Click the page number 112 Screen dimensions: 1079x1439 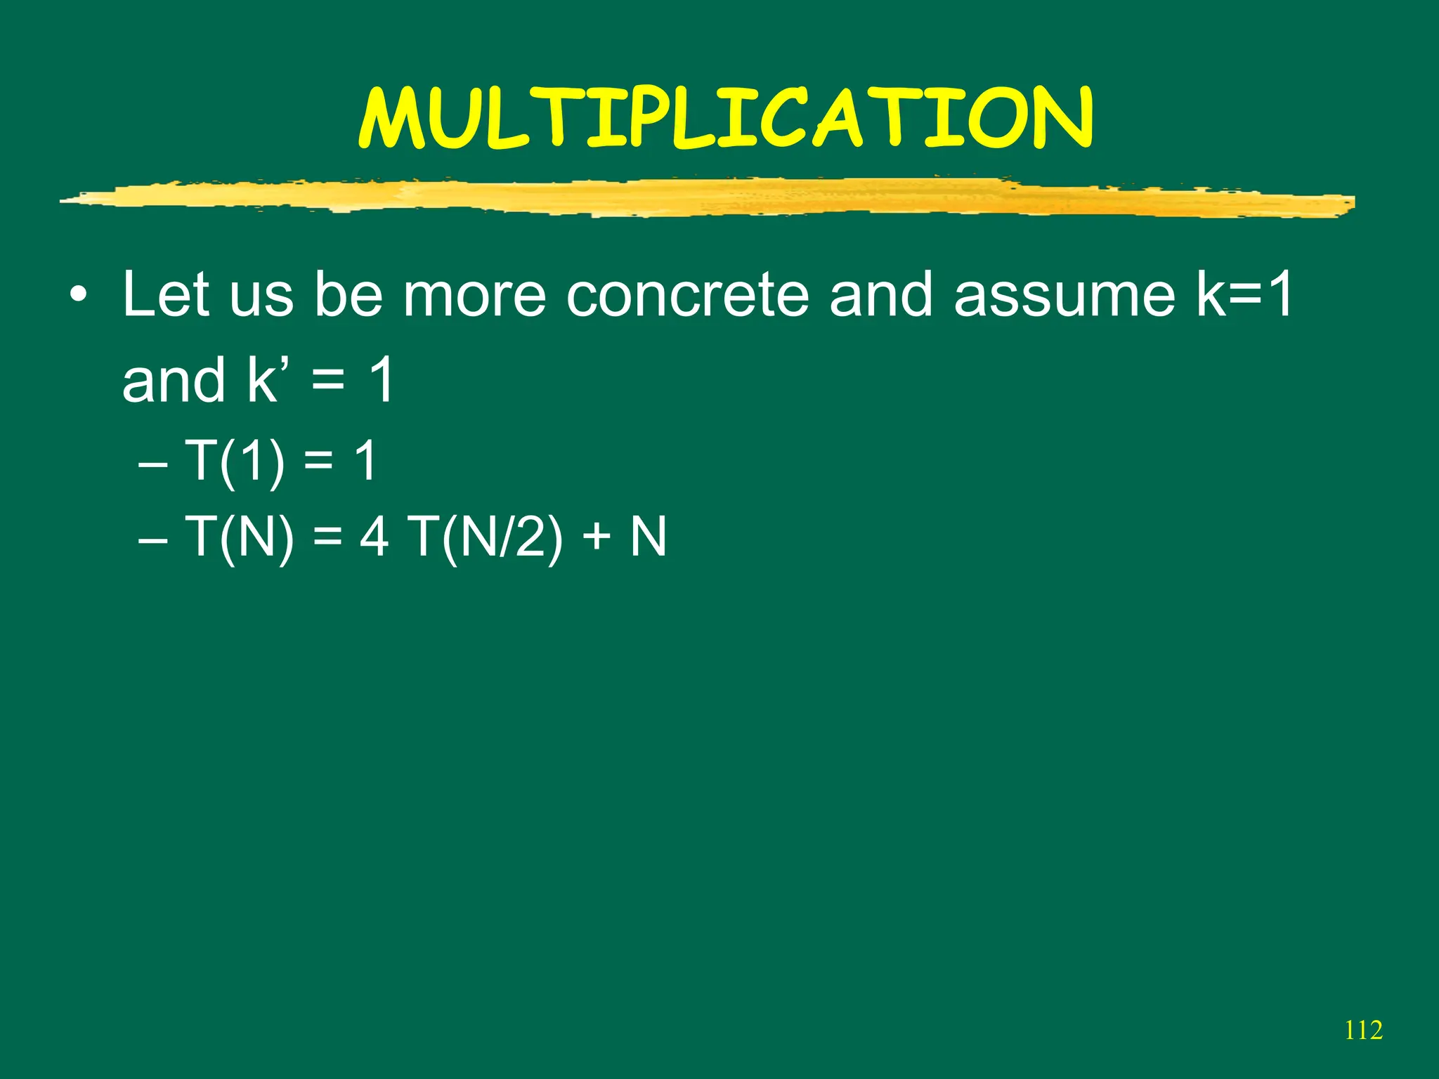(x=1363, y=1031)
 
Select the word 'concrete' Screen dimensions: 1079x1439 (x=687, y=294)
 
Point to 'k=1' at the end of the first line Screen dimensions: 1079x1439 (x=1244, y=294)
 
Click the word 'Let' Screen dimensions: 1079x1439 (x=166, y=294)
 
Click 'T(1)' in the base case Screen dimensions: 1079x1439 (x=235, y=462)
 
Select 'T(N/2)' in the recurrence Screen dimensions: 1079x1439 (x=486, y=537)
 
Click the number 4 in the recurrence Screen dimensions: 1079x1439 (x=374, y=537)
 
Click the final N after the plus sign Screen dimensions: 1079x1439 (x=648, y=537)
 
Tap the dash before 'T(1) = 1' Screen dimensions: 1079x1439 (x=153, y=465)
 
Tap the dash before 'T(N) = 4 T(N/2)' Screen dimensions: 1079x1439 (x=153, y=541)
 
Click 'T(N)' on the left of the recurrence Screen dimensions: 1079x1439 (x=239, y=537)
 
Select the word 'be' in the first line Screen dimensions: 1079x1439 (x=348, y=294)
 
